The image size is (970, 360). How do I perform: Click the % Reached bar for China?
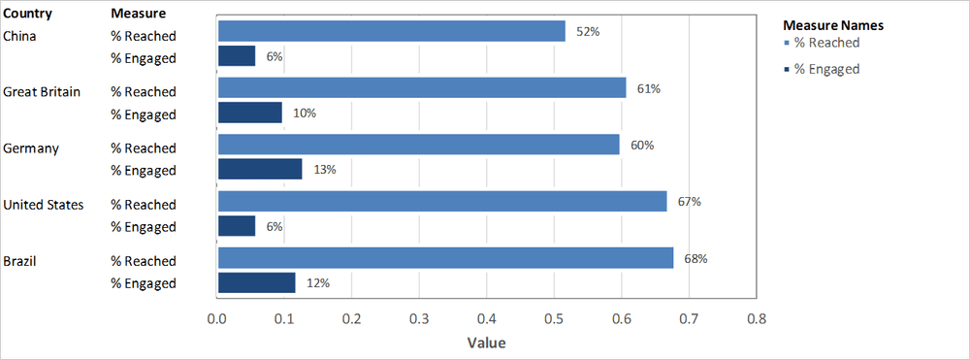click(x=391, y=32)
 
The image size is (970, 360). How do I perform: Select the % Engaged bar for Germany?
click(x=260, y=170)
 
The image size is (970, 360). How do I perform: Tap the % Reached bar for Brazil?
click(x=445, y=258)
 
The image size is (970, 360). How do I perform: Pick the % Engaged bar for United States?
click(x=237, y=226)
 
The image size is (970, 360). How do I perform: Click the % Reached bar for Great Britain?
click(x=422, y=88)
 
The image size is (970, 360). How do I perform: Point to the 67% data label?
click(x=690, y=202)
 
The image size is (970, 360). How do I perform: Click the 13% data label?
click(x=324, y=170)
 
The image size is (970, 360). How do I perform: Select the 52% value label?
click(x=588, y=32)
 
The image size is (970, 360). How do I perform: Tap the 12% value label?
click(x=318, y=283)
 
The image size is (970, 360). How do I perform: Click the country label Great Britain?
click(x=42, y=92)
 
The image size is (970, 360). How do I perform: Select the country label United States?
click(x=44, y=205)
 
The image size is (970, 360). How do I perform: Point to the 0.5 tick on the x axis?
click(x=554, y=318)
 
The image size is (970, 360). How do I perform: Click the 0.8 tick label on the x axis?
click(x=756, y=318)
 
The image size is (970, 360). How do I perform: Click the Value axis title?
click(x=486, y=343)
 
